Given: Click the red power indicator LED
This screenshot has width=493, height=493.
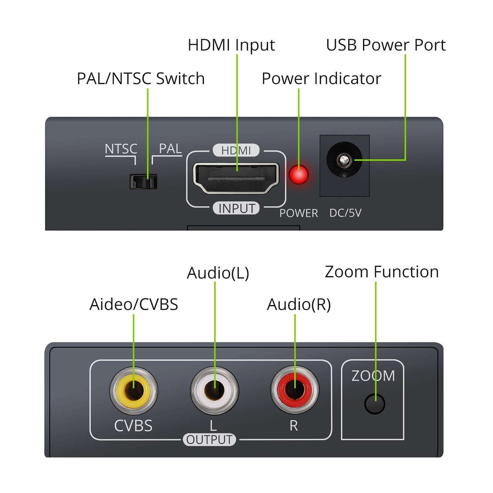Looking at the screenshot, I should pos(299,174).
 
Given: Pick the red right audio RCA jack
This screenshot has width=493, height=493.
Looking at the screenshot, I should pos(295,390).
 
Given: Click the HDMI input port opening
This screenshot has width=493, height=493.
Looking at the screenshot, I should pos(236,178).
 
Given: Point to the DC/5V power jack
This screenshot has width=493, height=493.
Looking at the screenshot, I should pos(344,160).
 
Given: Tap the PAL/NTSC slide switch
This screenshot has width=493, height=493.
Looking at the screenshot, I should pos(143,181).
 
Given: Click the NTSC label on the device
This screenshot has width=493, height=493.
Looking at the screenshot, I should pos(121,149).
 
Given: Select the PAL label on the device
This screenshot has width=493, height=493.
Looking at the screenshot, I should pos(170,149).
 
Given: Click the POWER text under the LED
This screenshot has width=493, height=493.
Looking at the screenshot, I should pos(299,213).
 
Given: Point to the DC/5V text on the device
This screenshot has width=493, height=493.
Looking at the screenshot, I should pos(345,213).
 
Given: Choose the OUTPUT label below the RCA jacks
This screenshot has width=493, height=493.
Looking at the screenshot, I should pos(210,440).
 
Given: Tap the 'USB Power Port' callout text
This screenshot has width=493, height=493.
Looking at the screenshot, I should pos(386,45).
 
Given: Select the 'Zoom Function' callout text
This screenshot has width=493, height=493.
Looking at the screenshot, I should pos(382,272).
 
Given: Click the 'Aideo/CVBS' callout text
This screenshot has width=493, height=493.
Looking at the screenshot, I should pos(134,304).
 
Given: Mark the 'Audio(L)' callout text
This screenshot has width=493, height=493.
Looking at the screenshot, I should pos(218,273).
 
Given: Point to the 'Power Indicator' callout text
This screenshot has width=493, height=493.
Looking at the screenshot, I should pos(321,79).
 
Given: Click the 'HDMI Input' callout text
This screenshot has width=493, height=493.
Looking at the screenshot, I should pos(231,45).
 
